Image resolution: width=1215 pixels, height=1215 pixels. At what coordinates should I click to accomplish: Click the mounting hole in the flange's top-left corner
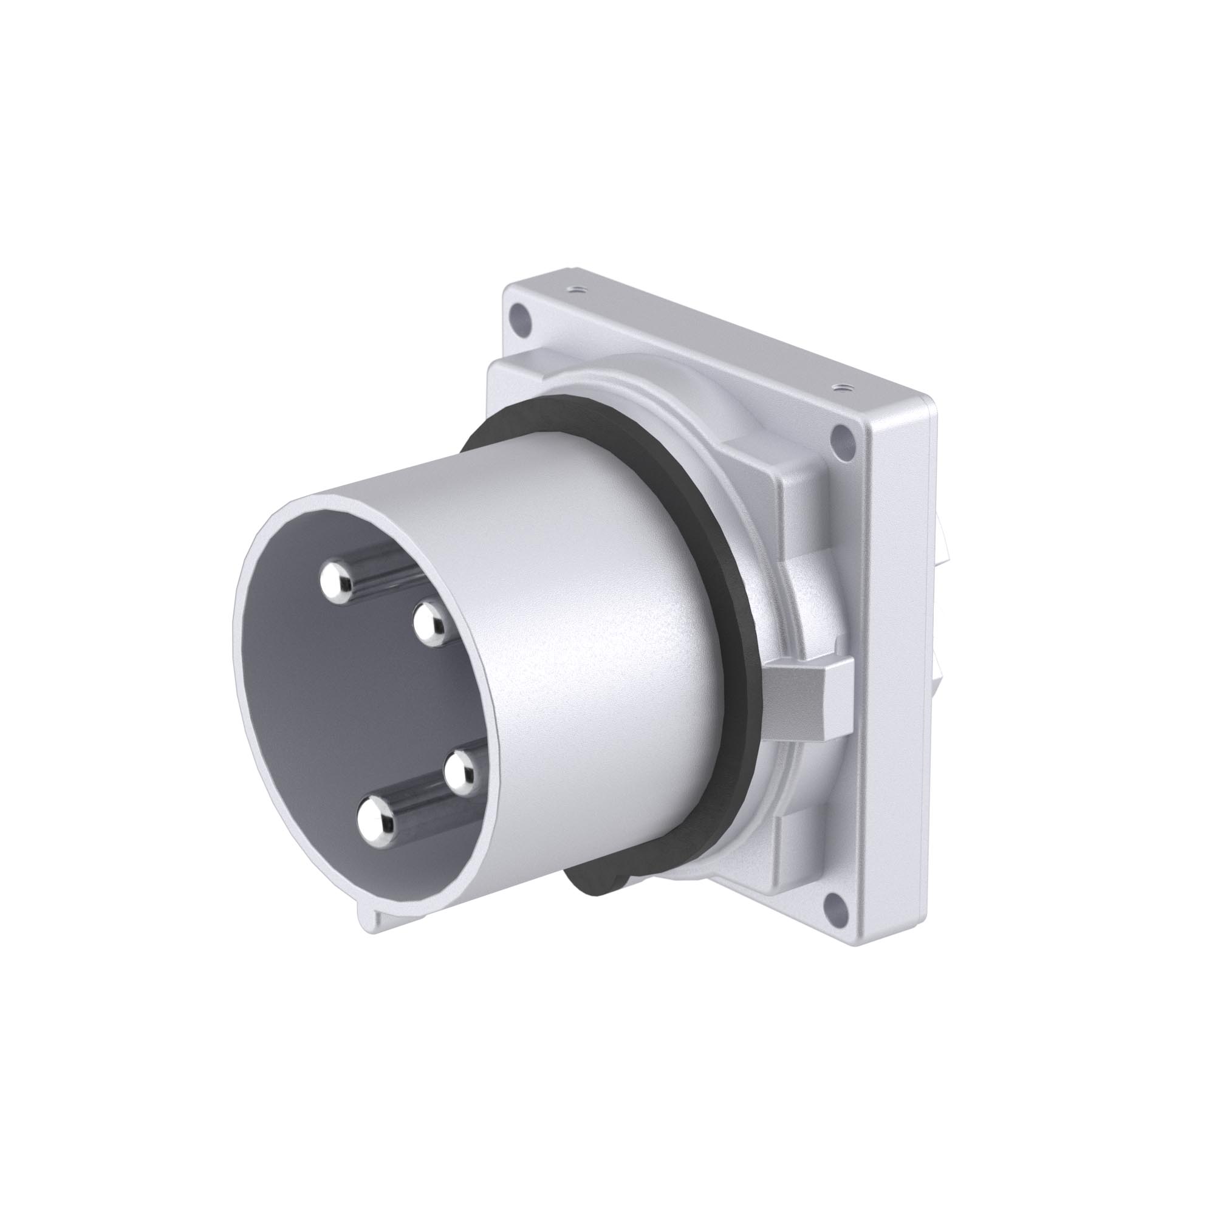(x=519, y=311)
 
